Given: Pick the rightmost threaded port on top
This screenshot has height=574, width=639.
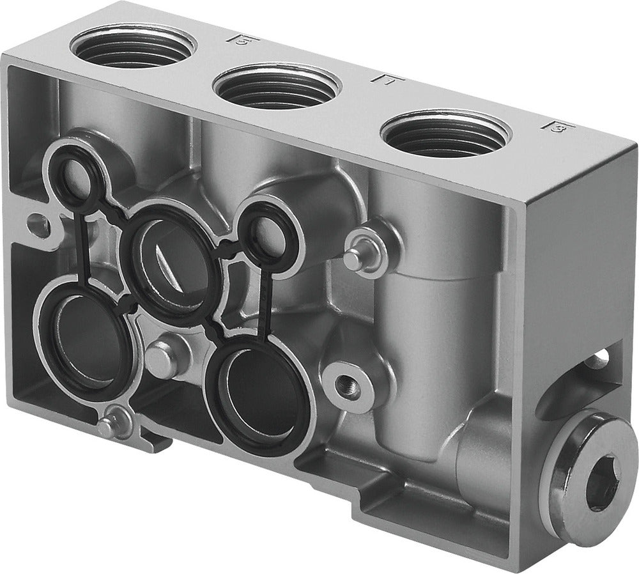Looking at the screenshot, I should pyautogui.click(x=445, y=136).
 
